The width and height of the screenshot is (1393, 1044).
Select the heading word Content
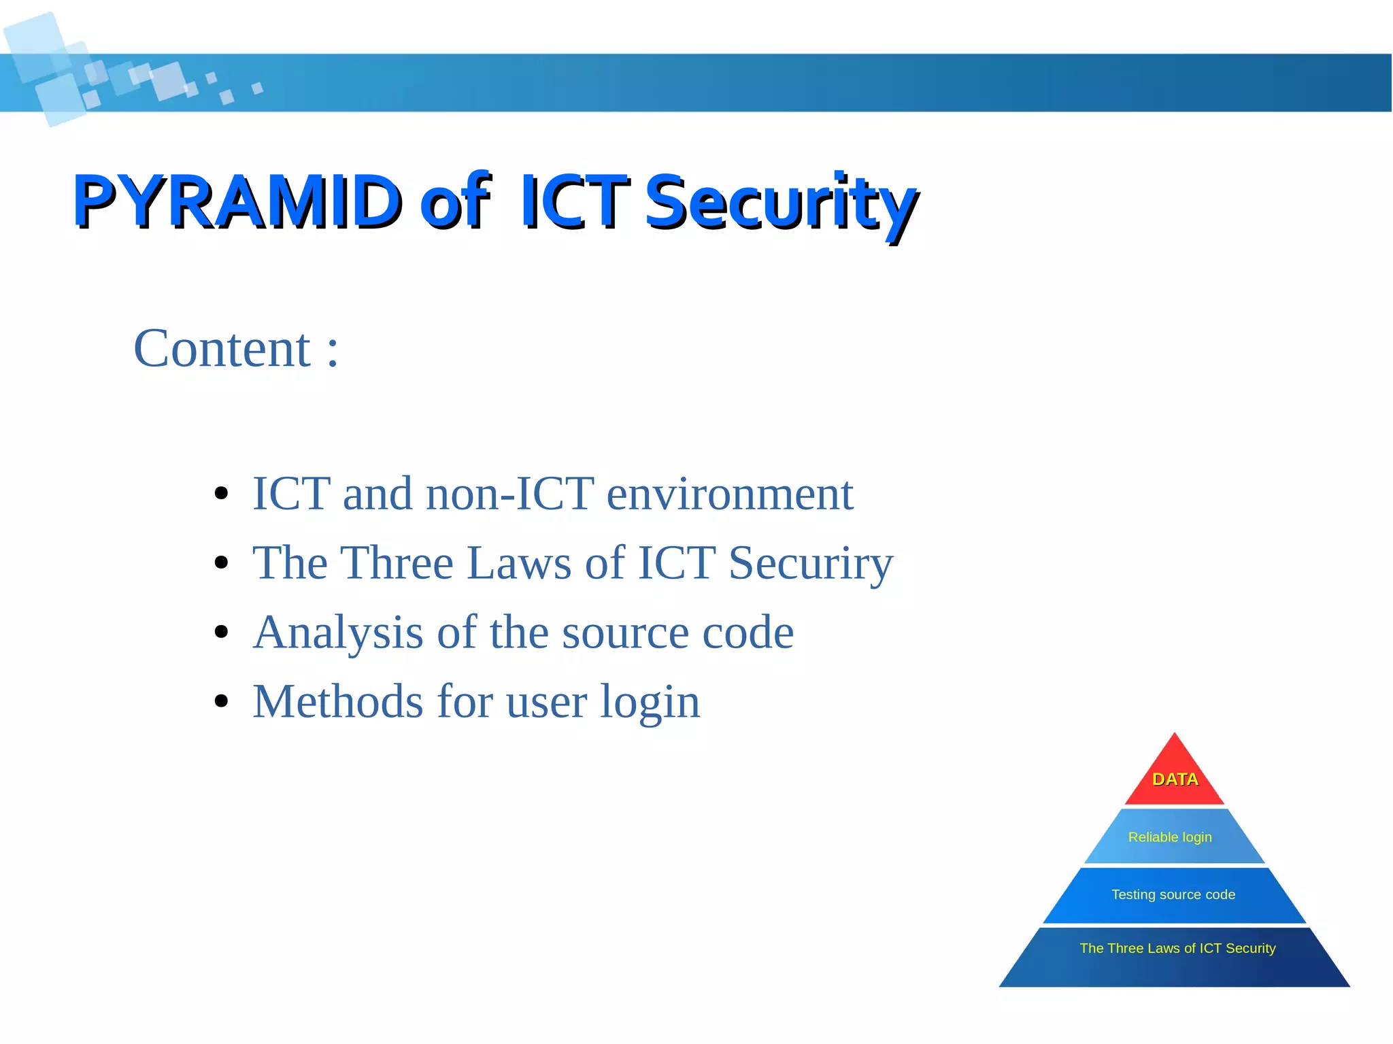pos(222,349)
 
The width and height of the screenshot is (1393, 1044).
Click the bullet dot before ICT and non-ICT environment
pos(220,494)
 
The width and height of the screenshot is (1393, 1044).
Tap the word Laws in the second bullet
pos(519,563)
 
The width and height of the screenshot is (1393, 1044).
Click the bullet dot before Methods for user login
pos(220,701)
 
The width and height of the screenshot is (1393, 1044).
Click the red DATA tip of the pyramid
pos(1175,779)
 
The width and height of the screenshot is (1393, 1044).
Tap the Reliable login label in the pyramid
pos(1170,837)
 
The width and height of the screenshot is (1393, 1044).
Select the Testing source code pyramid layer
pos(1173,895)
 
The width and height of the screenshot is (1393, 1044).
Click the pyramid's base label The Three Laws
pos(1177,949)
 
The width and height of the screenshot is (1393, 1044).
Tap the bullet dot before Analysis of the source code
pos(220,632)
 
